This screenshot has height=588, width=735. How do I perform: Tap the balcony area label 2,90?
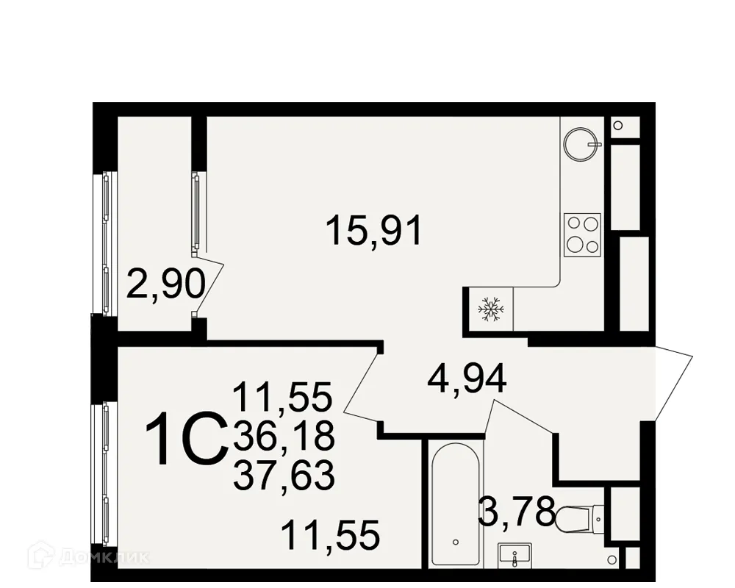(x=165, y=284)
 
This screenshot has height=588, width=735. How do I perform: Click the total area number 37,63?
(x=284, y=476)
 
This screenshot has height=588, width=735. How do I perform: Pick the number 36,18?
(x=284, y=437)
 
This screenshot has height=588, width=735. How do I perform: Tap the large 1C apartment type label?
(x=184, y=440)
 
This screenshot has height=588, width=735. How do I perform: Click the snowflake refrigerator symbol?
(x=489, y=309)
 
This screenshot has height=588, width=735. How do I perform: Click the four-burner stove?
(x=582, y=234)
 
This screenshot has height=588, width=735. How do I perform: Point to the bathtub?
(x=456, y=504)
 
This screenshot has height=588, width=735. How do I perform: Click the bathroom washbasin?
(x=516, y=556)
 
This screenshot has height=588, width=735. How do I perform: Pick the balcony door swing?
(x=209, y=283)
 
